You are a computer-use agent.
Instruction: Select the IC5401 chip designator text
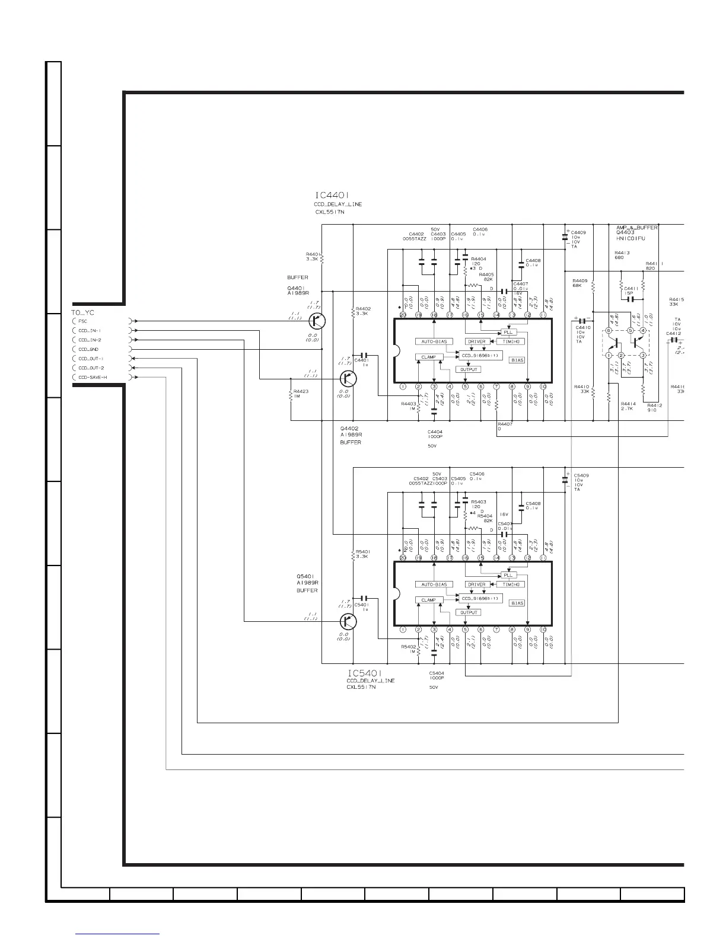click(x=364, y=673)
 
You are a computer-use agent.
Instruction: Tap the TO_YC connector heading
click(x=82, y=312)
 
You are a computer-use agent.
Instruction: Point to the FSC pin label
click(x=82, y=321)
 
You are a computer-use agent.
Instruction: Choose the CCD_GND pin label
click(x=88, y=350)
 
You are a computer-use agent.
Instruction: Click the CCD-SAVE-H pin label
click(x=93, y=378)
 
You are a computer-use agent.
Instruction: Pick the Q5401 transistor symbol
click(x=349, y=621)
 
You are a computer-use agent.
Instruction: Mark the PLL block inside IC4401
click(x=508, y=332)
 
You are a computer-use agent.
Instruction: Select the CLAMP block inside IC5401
click(x=428, y=600)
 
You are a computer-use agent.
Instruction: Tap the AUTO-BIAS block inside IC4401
click(x=434, y=341)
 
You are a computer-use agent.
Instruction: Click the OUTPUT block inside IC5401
click(x=469, y=612)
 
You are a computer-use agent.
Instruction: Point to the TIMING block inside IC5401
click(x=510, y=585)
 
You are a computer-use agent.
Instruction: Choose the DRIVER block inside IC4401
click(x=476, y=341)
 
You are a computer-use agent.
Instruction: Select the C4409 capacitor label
click(x=578, y=232)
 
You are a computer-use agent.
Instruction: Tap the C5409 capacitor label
click(x=581, y=475)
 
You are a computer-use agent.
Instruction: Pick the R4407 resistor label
click(x=505, y=424)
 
